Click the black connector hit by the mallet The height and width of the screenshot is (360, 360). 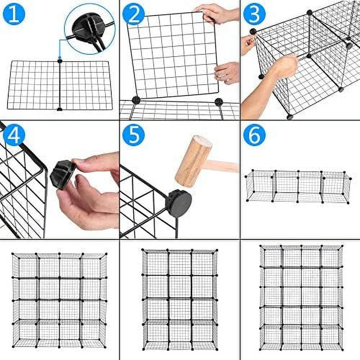tap(179, 203)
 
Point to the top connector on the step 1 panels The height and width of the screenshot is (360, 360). tap(60, 61)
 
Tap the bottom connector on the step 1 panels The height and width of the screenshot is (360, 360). tap(60, 109)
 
